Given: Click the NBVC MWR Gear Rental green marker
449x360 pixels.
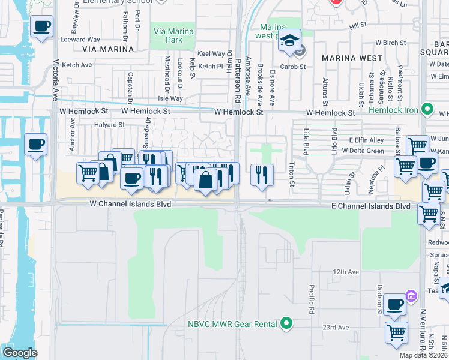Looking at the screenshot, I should click(286, 324).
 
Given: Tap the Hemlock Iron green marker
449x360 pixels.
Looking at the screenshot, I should click(427, 109).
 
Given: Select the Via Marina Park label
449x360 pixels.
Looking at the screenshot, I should click(173, 35).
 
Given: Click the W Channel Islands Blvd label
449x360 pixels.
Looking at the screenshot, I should click(130, 205).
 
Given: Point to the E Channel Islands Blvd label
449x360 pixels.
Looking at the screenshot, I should click(371, 206).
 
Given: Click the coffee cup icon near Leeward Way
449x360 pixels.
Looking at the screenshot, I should click(42, 26).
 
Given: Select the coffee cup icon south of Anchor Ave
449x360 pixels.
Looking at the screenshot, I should click(36, 144).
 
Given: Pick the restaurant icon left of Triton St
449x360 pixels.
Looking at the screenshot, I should click(262, 175).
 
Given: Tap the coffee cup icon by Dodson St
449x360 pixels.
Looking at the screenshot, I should click(395, 304).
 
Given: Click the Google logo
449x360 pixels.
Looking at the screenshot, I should click(20, 352).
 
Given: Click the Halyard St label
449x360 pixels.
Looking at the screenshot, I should click(109, 125).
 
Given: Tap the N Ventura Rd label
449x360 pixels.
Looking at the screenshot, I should click(423, 329).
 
